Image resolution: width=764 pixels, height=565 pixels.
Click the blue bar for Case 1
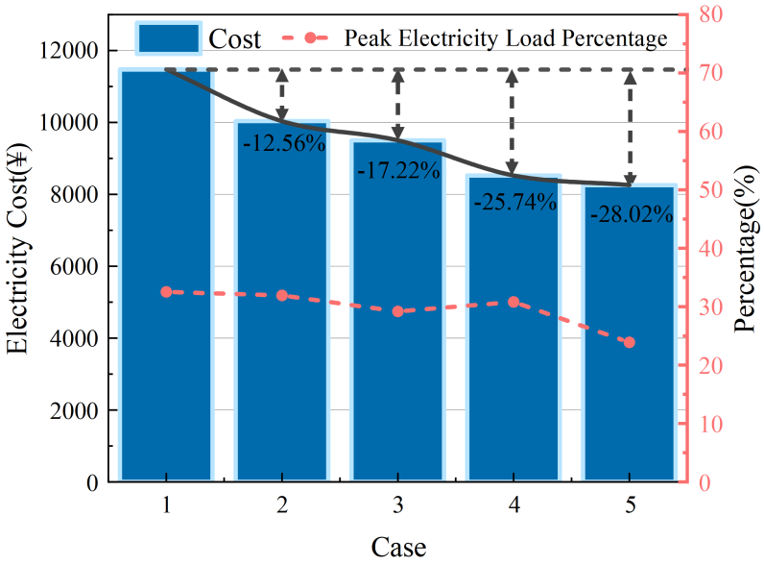pos(166,279)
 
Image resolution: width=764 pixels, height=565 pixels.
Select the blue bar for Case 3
pos(398,317)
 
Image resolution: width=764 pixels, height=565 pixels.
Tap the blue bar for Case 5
pos(630,336)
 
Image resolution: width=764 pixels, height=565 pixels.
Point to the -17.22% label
pos(398,172)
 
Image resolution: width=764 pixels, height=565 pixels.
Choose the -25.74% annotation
pos(514,202)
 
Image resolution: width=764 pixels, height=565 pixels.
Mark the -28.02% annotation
pos(631,214)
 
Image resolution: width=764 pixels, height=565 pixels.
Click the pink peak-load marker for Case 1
pos(166,291)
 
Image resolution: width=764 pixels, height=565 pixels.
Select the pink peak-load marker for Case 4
pos(513,302)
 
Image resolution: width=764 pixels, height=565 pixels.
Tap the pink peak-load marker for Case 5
pos(630,342)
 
